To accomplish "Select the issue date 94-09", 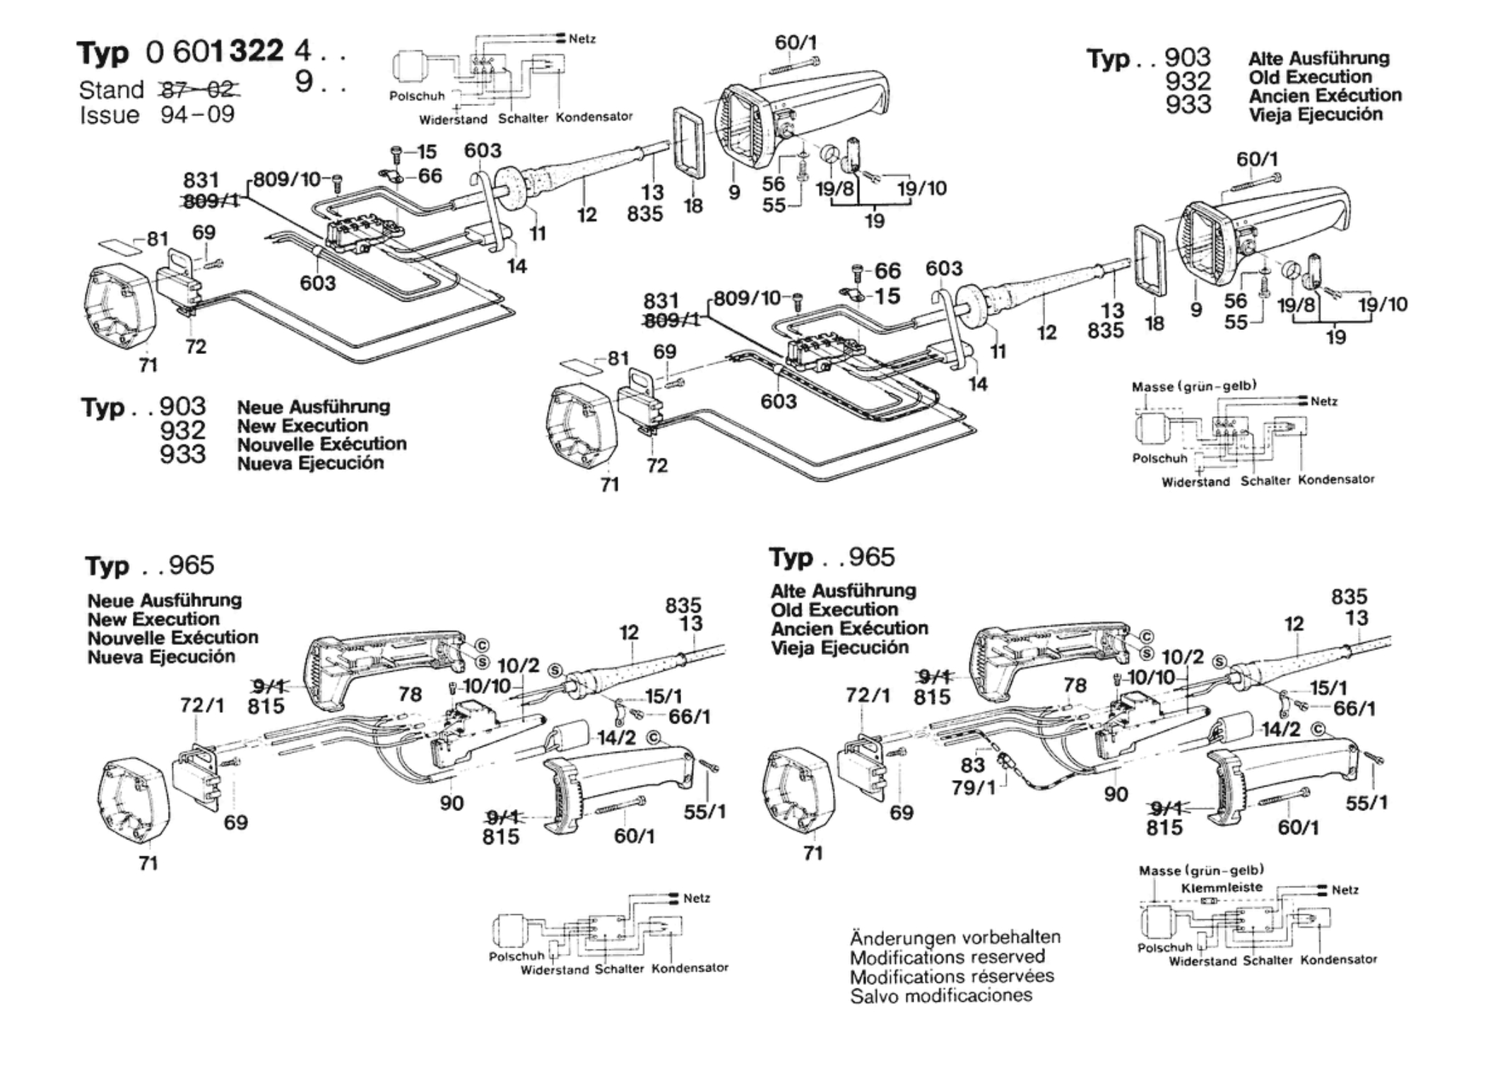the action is pyautogui.click(x=197, y=114).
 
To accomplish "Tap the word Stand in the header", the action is pyautogui.click(x=111, y=90).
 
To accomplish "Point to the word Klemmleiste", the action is pyautogui.click(x=1222, y=887).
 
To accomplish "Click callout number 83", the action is pyautogui.click(x=972, y=765).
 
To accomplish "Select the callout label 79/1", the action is pyautogui.click(x=974, y=787).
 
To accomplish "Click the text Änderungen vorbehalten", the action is pyautogui.click(x=955, y=938).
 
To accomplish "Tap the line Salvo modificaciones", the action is pyautogui.click(x=941, y=996).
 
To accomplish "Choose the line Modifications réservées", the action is pyautogui.click(x=952, y=976).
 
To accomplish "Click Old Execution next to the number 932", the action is pyautogui.click(x=1310, y=77).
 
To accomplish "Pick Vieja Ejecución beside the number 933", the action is pyautogui.click(x=1316, y=114).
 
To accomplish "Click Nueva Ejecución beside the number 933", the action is pyautogui.click(x=310, y=463).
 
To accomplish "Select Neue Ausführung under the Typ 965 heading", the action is pyautogui.click(x=165, y=601).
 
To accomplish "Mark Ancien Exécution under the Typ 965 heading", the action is pyautogui.click(x=849, y=628).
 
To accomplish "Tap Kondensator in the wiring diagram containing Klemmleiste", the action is pyautogui.click(x=1338, y=959).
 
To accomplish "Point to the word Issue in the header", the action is pyautogui.click(x=110, y=114).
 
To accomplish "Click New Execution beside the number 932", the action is pyautogui.click(x=302, y=425).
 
